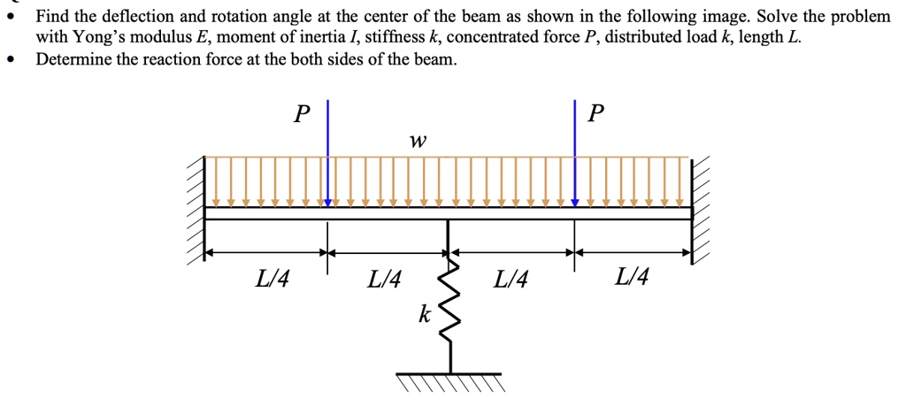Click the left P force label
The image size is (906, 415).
tap(303, 114)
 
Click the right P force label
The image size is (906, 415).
tap(598, 114)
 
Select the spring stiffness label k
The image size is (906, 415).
tap(425, 312)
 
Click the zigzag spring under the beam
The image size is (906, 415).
tap(450, 301)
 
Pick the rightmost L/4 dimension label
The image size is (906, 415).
tap(632, 279)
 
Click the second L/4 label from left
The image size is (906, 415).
tap(383, 281)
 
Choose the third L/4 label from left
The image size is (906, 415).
tap(511, 281)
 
